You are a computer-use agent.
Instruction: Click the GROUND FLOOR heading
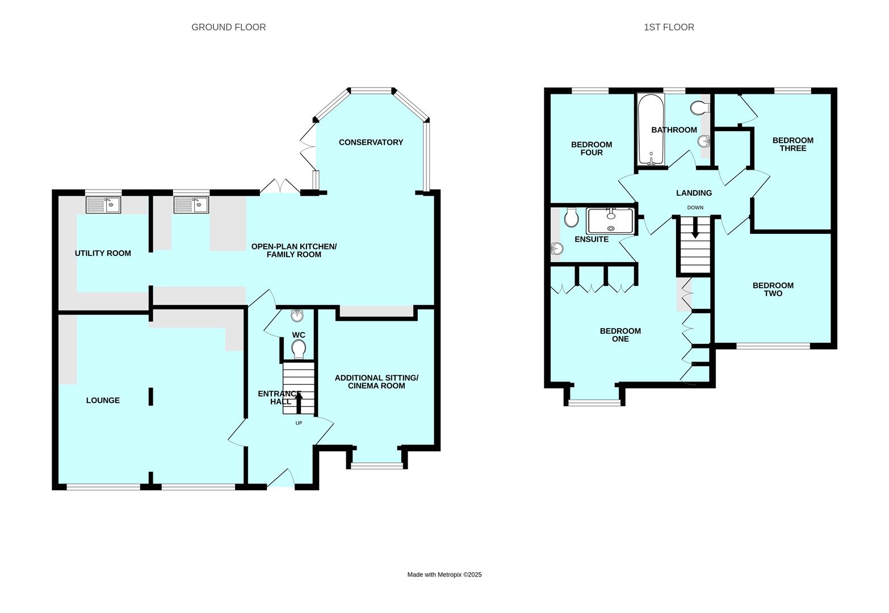(x=229, y=27)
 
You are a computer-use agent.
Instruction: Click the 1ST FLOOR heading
(x=669, y=27)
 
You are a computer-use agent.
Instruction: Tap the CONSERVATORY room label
(x=371, y=142)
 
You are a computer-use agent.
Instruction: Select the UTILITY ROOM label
(x=103, y=253)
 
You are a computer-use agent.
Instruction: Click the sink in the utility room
(x=103, y=205)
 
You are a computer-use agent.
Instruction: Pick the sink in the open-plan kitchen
(x=191, y=205)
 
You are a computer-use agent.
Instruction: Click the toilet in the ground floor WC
(x=299, y=349)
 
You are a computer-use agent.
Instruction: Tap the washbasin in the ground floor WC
(x=297, y=316)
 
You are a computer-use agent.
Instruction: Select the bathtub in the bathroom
(x=651, y=129)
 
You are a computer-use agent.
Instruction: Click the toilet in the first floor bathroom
(x=700, y=107)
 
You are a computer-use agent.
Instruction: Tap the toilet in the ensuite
(x=571, y=217)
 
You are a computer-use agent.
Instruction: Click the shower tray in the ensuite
(x=610, y=221)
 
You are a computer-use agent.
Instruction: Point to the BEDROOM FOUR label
(x=592, y=149)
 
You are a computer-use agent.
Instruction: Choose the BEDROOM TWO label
(x=773, y=289)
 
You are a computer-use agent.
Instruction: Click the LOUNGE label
(x=103, y=400)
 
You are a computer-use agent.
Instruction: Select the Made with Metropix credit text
(x=444, y=574)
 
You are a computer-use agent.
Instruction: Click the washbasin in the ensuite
(x=557, y=249)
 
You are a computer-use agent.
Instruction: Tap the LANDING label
(x=694, y=193)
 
